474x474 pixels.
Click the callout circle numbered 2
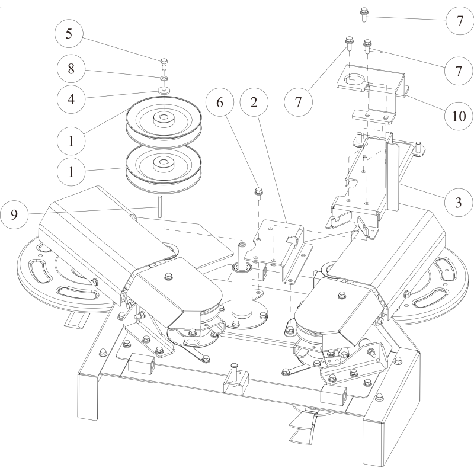[x=254, y=103]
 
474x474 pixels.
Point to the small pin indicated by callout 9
[x=161, y=207]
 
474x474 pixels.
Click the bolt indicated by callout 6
[x=259, y=193]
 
